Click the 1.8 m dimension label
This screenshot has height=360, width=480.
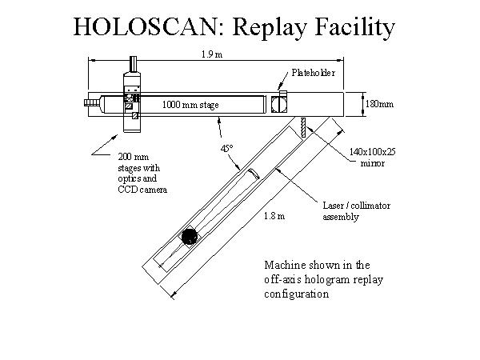274,215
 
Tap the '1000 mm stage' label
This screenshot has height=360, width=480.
190,105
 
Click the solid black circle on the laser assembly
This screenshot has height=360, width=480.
189,236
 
